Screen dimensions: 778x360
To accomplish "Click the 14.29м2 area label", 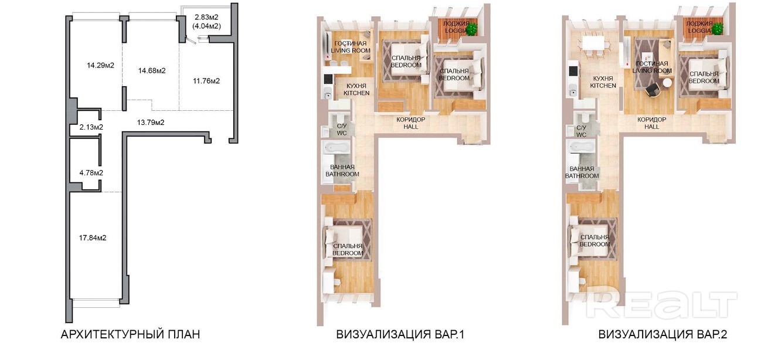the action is click(100, 65).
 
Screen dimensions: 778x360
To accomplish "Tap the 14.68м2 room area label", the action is click(152, 71).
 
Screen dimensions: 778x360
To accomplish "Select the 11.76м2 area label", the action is click(206, 81).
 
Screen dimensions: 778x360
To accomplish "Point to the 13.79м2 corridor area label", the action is click(151, 123).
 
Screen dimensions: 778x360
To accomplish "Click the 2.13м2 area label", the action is click(91, 127).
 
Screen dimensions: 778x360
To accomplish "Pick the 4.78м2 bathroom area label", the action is click(91, 173).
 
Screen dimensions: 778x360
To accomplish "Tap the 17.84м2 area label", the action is click(93, 238).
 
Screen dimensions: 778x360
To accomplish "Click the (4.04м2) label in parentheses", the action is click(206, 26).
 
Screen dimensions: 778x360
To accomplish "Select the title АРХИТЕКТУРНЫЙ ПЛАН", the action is click(130, 335).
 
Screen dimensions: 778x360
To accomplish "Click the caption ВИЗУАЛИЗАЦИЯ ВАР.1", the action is click(400, 335).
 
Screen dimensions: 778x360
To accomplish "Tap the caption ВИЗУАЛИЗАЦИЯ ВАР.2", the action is click(663, 335).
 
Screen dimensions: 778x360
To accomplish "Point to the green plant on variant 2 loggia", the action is click(718, 29).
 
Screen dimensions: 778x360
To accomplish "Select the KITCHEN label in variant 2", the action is click(603, 86).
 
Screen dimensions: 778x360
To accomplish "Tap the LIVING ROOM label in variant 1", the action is click(351, 51).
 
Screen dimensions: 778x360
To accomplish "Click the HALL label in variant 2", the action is click(651, 127).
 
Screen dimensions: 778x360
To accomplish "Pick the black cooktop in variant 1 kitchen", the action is click(328, 79).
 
